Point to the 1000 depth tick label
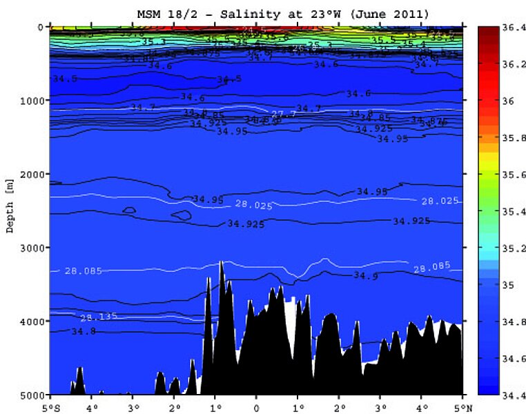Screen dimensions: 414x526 (32, 100)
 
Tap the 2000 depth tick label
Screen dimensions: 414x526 (32, 174)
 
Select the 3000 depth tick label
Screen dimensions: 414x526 (32, 247)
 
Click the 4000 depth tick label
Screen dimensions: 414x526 (32, 321)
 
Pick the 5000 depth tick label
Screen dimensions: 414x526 (32, 394)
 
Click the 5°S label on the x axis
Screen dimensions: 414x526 (50, 406)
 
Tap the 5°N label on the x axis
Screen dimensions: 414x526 (461, 406)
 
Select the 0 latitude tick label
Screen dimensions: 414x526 (256, 406)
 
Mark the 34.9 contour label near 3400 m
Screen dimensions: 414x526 (365, 275)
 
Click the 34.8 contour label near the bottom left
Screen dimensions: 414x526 (84, 331)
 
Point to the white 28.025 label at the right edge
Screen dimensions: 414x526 (439, 201)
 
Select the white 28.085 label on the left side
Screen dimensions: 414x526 (83, 270)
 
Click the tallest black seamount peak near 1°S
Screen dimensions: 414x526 (221, 263)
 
